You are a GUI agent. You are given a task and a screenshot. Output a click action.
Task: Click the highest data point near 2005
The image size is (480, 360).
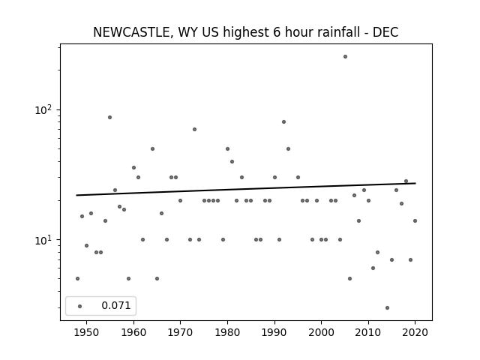coord(345,57)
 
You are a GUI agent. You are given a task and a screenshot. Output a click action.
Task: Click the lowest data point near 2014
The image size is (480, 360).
coord(387,307)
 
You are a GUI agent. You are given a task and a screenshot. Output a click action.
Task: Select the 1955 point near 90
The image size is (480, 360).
coord(109,117)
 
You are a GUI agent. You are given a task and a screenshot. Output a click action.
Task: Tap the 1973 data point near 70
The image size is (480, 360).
coord(194,129)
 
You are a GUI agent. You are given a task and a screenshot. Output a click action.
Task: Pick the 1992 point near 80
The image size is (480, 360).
coord(283,121)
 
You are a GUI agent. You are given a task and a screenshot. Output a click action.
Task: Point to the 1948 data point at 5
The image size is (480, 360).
coord(77,278)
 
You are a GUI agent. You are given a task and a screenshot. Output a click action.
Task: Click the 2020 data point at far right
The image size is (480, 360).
coord(415,220)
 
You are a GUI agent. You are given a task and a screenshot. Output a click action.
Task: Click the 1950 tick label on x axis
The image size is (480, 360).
coord(87,332)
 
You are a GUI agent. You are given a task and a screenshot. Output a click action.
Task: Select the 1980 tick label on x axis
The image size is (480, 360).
coord(227,332)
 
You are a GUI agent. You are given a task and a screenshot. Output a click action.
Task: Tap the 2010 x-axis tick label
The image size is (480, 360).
coord(368,332)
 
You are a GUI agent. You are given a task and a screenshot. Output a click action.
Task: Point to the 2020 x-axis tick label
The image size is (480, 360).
coord(415,332)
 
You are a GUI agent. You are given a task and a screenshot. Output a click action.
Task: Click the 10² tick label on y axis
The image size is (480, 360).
coord(43,110)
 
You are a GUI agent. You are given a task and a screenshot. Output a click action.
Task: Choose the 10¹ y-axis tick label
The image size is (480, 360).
coord(43,240)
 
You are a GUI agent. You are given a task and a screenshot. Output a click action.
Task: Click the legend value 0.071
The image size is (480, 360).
coord(116,305)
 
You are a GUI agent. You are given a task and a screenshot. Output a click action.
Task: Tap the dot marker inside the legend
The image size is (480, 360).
coord(80,306)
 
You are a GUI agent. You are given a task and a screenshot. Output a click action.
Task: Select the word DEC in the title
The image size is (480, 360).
coord(385,32)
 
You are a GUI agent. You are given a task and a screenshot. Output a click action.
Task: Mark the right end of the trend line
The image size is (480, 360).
coord(415,183)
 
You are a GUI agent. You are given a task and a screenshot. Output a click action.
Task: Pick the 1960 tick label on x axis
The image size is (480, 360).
coord(133,332)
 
